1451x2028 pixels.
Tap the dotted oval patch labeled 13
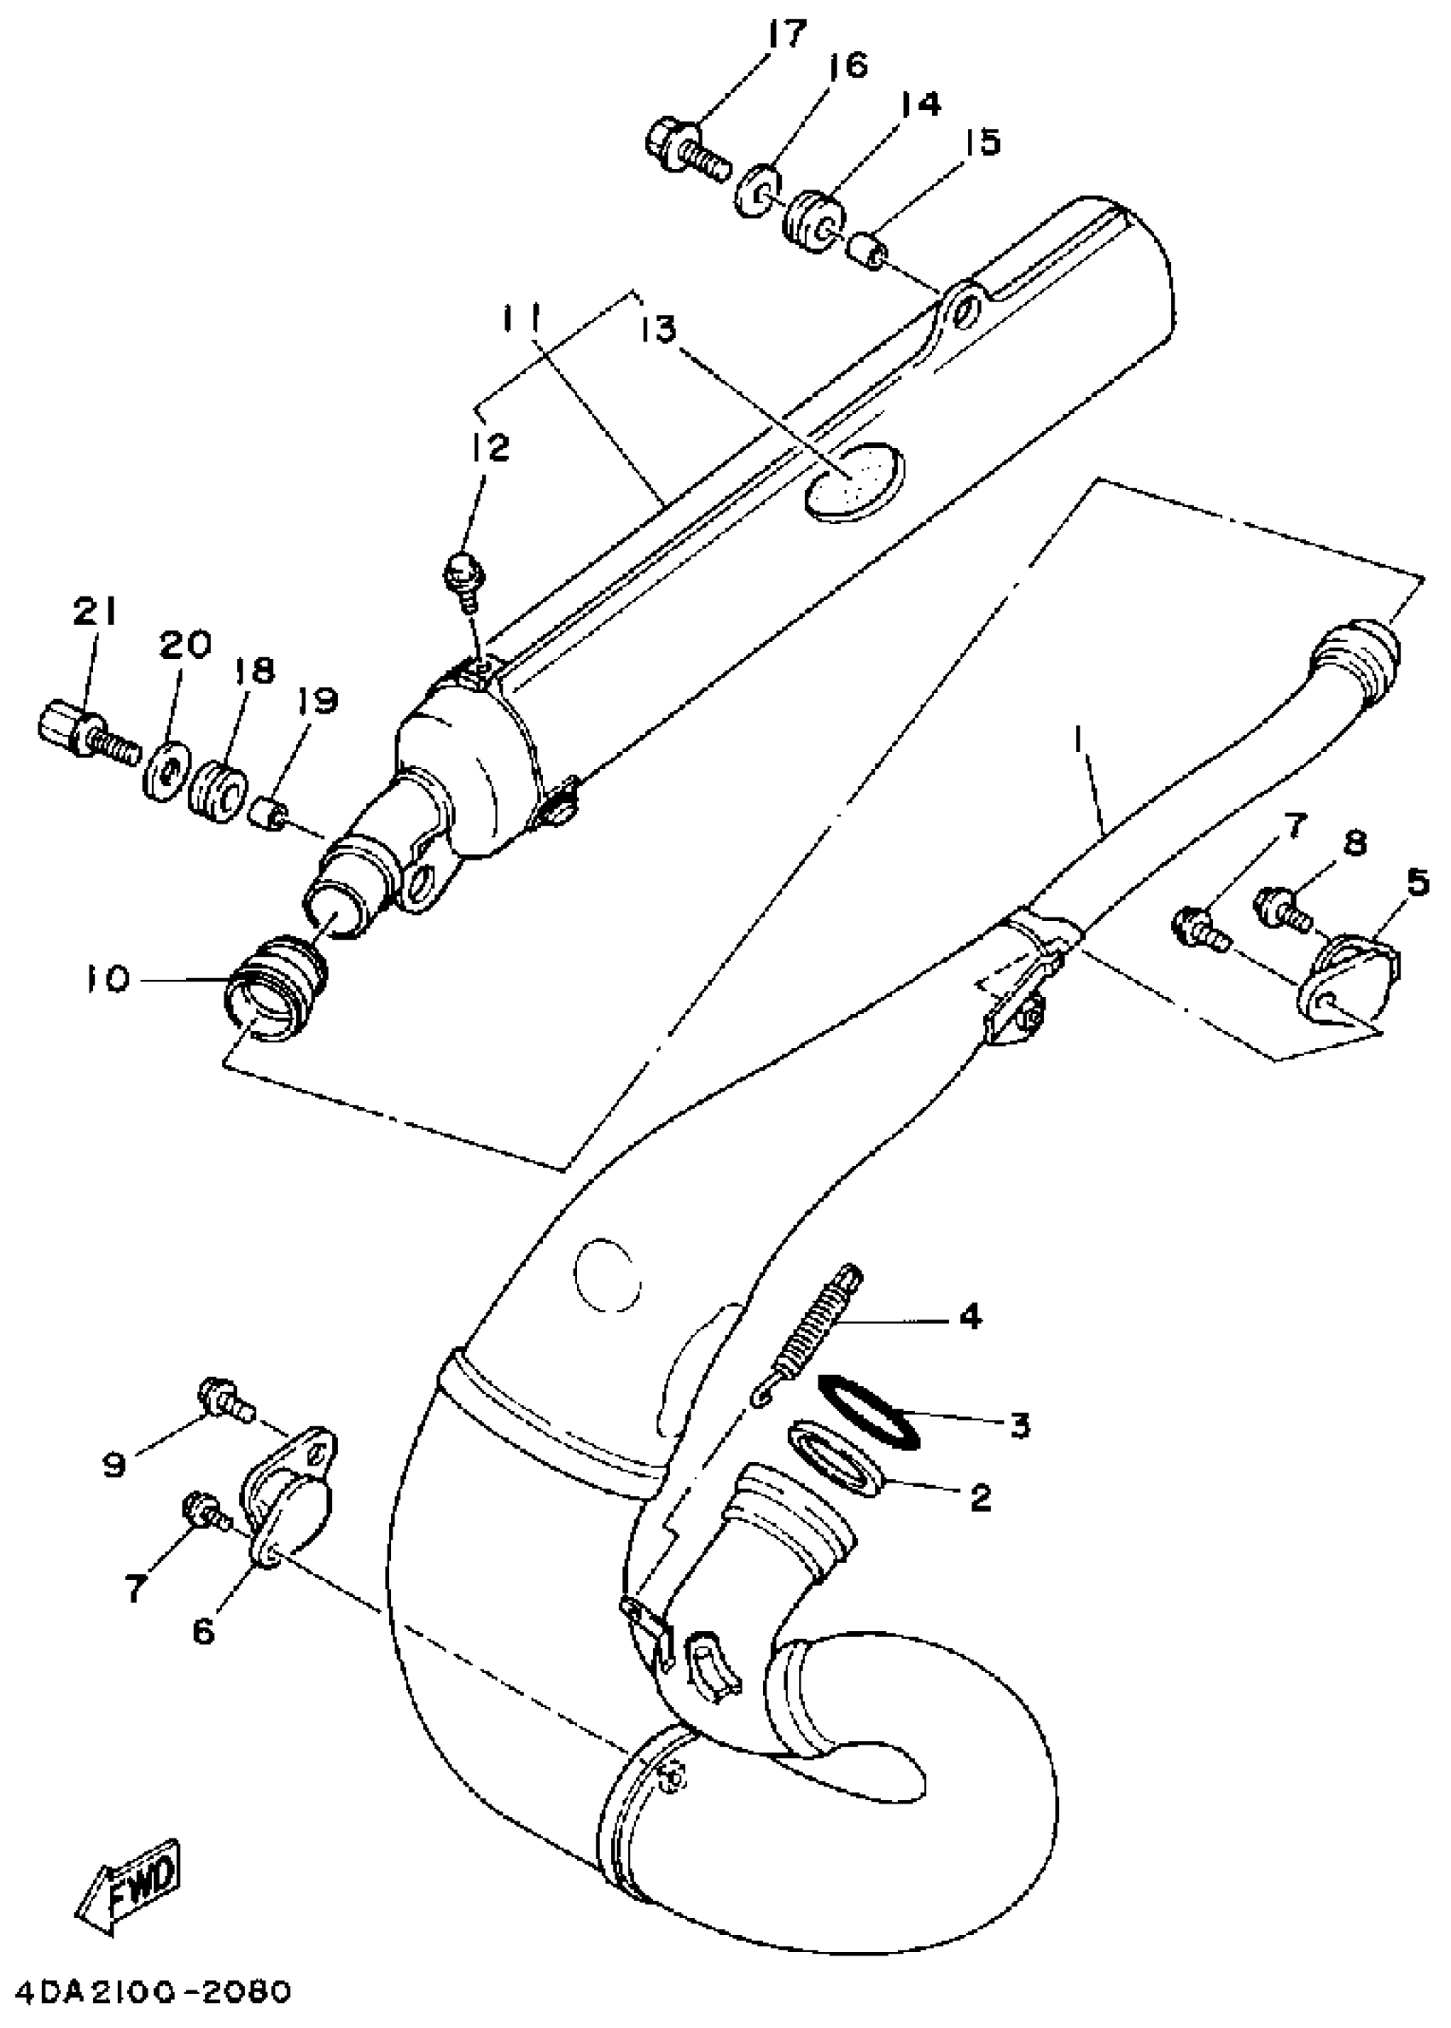tap(854, 479)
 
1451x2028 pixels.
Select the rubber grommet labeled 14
tap(814, 219)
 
